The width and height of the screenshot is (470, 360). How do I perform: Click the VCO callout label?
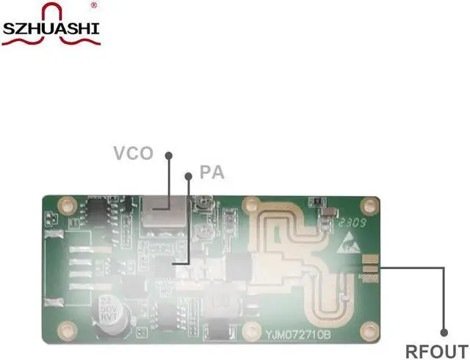pos(133,154)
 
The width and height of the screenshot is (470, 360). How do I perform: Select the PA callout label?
pos(211,174)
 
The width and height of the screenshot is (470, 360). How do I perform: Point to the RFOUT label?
pos(436,350)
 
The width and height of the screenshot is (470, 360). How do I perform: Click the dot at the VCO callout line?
pos(168,156)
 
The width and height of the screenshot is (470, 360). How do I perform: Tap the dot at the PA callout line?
pos(189,176)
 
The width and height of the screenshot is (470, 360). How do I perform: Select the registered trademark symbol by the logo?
pos(93,5)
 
